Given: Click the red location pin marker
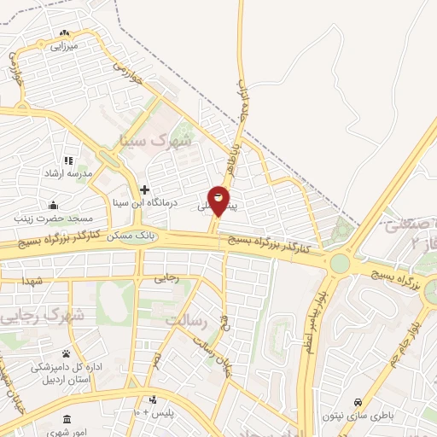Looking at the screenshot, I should pyautogui.click(x=219, y=201).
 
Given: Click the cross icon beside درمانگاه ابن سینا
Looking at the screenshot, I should pyautogui.click(x=144, y=189).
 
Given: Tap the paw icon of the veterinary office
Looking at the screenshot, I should pyautogui.click(x=66, y=353).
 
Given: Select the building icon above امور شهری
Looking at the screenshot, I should pyautogui.click(x=67, y=418).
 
